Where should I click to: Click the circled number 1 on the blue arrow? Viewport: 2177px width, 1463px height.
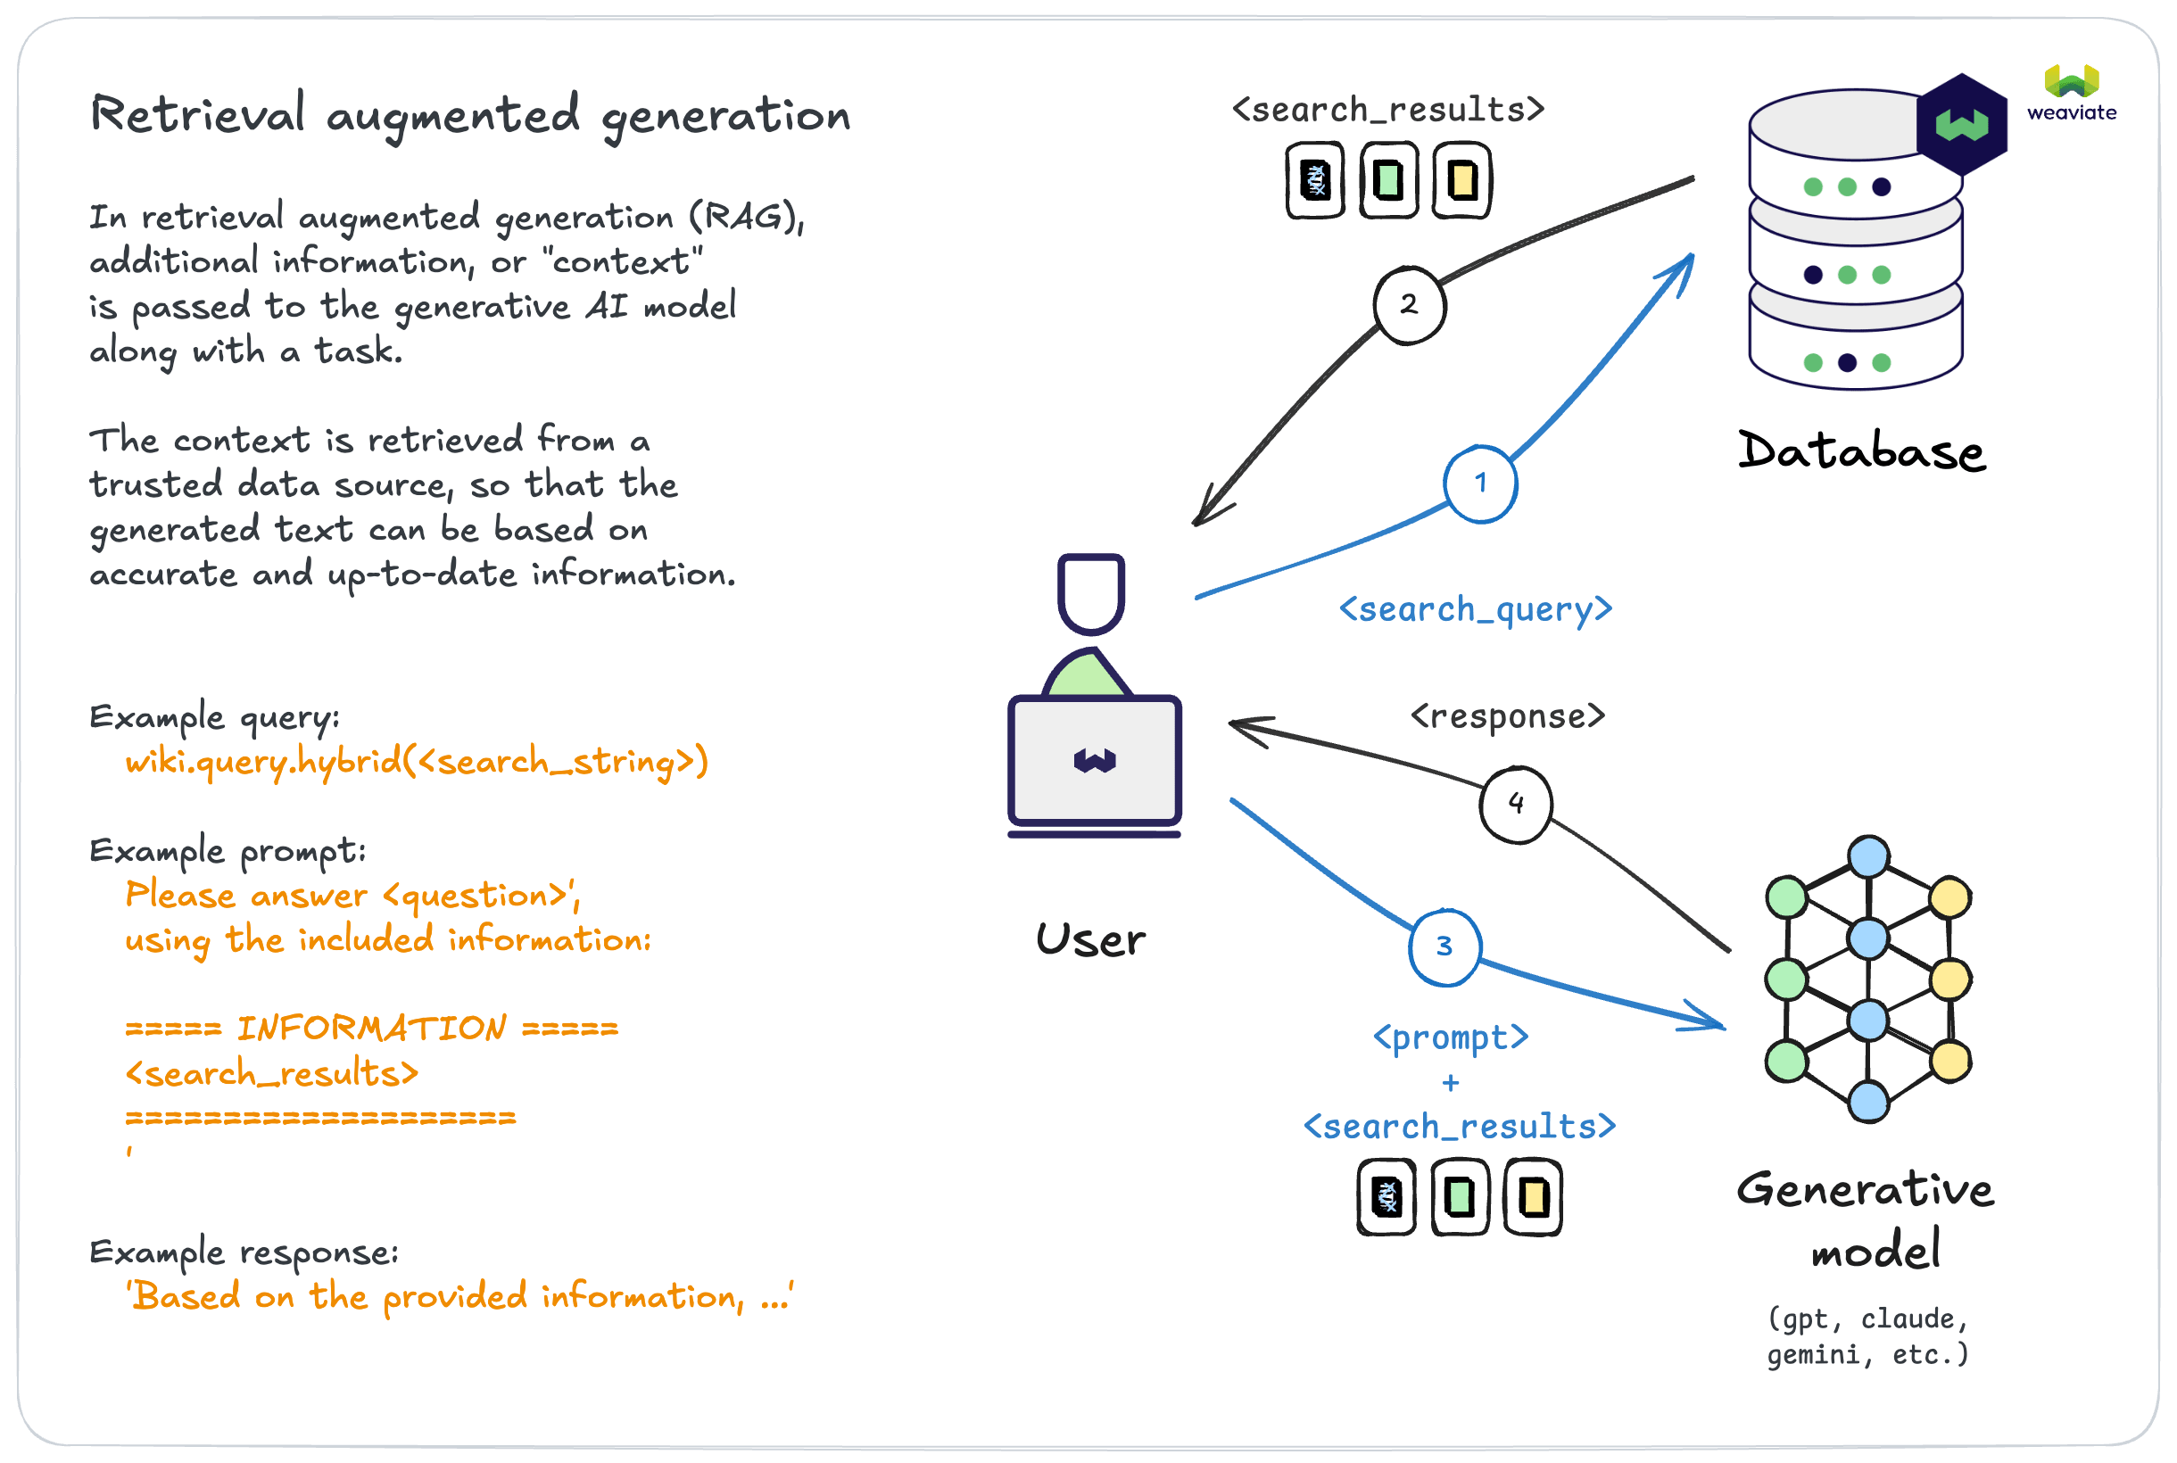(1480, 484)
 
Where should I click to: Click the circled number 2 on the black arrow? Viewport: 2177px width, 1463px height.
(1409, 304)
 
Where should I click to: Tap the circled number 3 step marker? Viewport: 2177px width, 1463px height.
(1444, 946)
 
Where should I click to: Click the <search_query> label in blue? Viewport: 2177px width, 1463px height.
(1476, 609)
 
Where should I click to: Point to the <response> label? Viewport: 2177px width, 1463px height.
(1508, 715)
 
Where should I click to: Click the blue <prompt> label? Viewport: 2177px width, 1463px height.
(1451, 1037)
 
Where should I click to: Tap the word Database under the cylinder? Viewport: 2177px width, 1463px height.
(1861, 451)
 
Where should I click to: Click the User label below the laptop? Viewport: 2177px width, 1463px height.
(1091, 939)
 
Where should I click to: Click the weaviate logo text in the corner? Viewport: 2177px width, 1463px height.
(2072, 113)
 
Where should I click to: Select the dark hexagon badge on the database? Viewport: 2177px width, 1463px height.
(1961, 124)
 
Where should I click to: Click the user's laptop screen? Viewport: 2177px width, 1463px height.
(1095, 760)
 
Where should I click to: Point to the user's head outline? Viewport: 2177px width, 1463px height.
(1091, 592)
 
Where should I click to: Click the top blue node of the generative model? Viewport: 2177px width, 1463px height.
(1868, 856)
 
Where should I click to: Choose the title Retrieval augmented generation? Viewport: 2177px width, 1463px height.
(470, 116)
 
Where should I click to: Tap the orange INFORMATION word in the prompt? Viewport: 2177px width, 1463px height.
(371, 1029)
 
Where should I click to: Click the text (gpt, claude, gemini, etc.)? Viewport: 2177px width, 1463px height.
(1868, 1336)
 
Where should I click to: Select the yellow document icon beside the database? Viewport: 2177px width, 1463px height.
(1462, 180)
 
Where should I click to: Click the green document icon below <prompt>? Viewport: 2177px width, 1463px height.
(1461, 1197)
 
